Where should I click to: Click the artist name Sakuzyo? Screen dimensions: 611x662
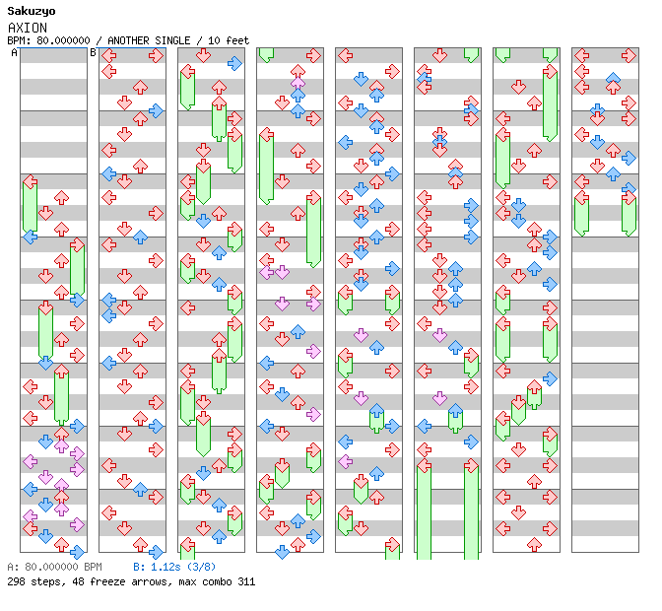tap(31, 11)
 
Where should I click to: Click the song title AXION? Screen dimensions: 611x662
tap(27, 28)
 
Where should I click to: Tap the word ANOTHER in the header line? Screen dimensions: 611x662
tap(128, 40)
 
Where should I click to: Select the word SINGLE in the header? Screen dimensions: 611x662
tap(173, 40)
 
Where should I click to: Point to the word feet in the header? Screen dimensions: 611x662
tap(236, 40)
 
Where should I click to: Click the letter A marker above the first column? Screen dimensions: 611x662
tap(15, 53)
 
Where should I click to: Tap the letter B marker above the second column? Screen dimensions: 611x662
tap(94, 53)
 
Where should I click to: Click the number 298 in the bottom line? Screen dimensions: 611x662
tap(16, 581)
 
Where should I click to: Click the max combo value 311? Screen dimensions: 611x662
tap(245, 581)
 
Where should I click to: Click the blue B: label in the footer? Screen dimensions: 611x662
tap(139, 568)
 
